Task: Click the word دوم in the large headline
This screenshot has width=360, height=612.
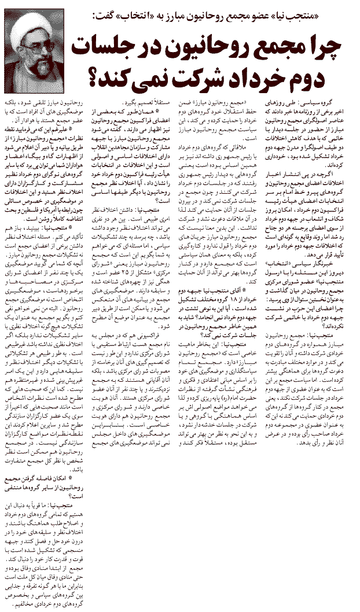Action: click(321, 76)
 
